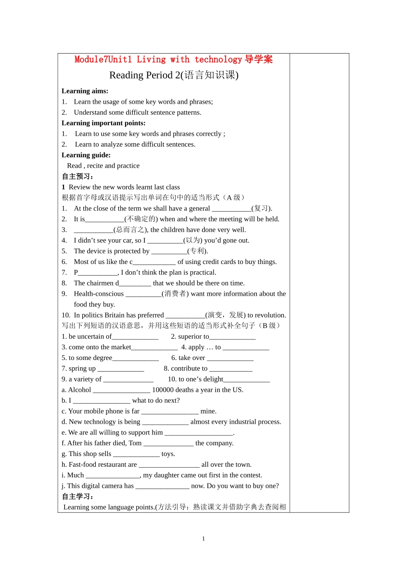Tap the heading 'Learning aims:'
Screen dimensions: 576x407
pyautogui.click(x=85, y=91)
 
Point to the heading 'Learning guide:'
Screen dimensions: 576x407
pyautogui.click(x=86, y=155)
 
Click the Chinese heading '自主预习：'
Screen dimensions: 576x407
pyautogui.click(x=78, y=177)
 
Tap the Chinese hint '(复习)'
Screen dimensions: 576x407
pyautogui.click(x=261, y=208)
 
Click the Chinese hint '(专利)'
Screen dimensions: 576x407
pyautogui.click(x=198, y=251)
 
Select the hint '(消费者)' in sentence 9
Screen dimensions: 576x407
pyautogui.click(x=175, y=294)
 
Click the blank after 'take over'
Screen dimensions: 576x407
pyautogui.click(x=230, y=358)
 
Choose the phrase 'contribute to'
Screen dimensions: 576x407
pyautogui.click(x=189, y=369)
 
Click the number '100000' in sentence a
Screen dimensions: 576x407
pyautogui.click(x=163, y=390)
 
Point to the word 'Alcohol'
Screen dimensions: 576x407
pyautogui.click(x=80, y=390)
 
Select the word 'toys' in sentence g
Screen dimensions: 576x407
pyautogui.click(x=168, y=454)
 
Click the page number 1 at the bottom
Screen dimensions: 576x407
pyautogui.click(x=203, y=539)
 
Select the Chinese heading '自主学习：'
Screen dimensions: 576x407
pyautogui.click(x=78, y=497)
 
